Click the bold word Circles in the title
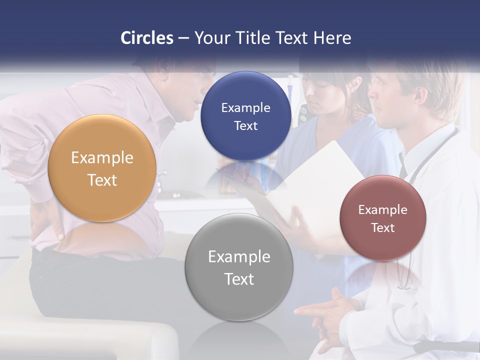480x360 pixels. coord(147,38)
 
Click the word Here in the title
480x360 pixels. coord(332,38)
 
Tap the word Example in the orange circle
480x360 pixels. coord(102,158)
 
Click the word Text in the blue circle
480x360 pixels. coord(245,125)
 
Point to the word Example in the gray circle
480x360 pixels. coord(239,257)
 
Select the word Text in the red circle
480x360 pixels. coord(383,227)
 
